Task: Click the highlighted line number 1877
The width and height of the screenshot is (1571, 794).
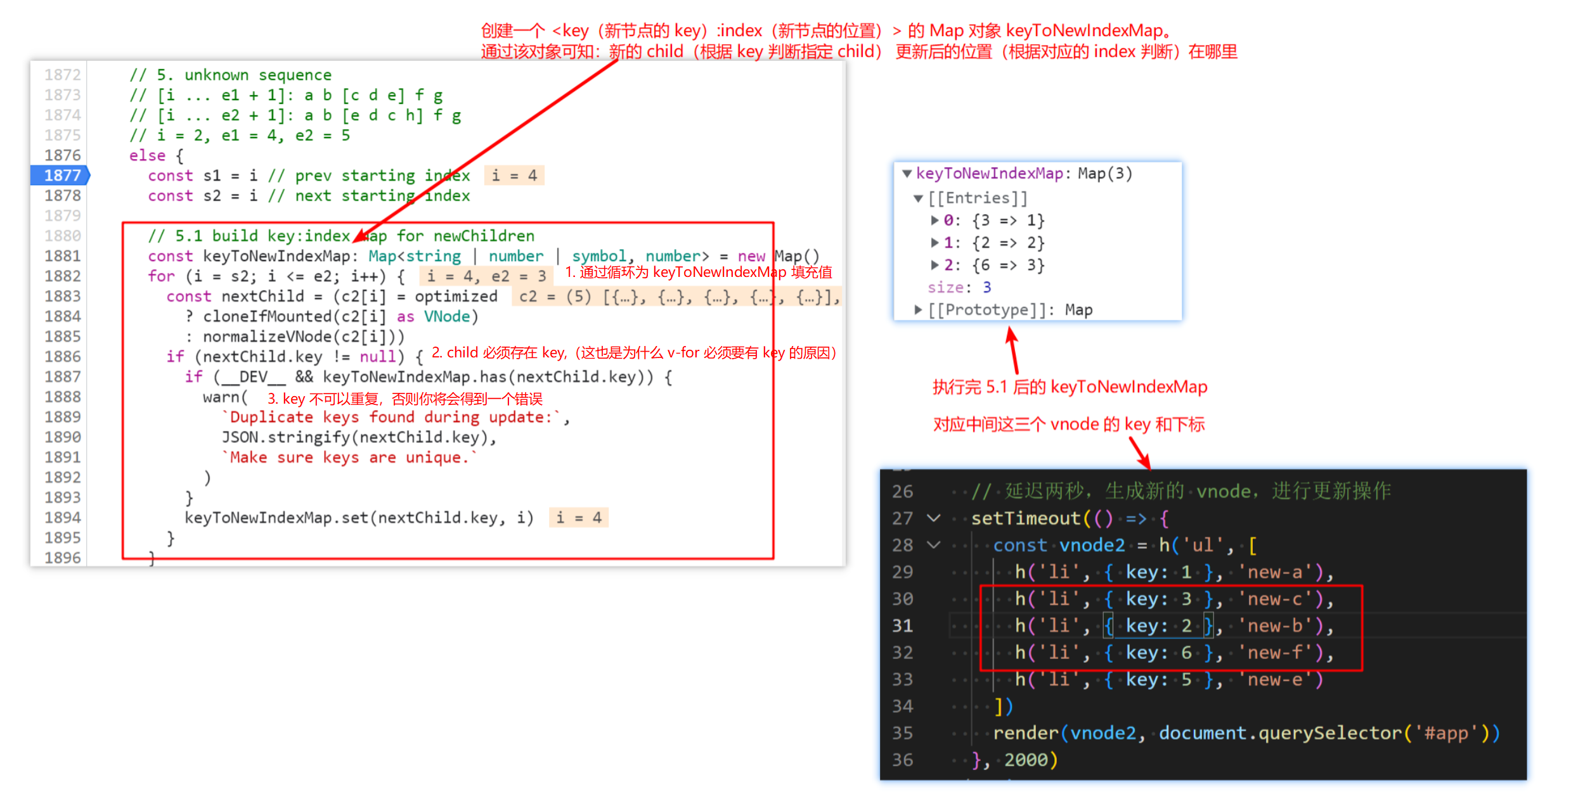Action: [x=62, y=176]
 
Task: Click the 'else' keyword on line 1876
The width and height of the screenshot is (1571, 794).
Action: [x=147, y=156]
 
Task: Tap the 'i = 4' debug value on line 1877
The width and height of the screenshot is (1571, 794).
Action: [x=514, y=176]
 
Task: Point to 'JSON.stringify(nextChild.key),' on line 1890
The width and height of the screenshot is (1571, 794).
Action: [x=359, y=437]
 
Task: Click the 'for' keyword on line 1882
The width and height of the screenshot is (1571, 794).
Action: [x=161, y=276]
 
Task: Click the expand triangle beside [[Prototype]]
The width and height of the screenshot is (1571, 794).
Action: [x=917, y=310]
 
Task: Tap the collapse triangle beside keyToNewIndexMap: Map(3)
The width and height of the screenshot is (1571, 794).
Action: [x=907, y=174]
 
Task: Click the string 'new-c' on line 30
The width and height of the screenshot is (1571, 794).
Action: [x=1274, y=599]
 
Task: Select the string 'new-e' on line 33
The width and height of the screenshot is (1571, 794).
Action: [x=1274, y=680]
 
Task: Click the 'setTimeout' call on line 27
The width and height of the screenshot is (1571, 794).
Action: [x=1026, y=518]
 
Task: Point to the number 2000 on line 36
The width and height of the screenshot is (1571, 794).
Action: [x=1026, y=759]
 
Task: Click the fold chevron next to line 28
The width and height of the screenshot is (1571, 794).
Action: [x=934, y=545]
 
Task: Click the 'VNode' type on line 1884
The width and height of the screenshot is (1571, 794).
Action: [x=447, y=316]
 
